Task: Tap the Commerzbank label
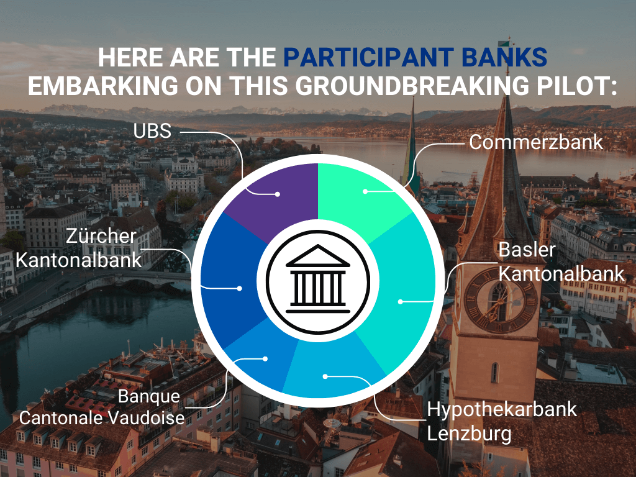[x=535, y=142]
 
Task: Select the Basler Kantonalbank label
[x=561, y=261]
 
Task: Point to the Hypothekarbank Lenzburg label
[x=502, y=420]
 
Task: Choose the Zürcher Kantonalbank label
[x=79, y=247]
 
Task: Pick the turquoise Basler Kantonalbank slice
[x=397, y=292]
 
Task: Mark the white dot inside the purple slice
[x=278, y=194]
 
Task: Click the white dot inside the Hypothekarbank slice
[x=324, y=376]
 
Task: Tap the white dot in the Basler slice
[x=401, y=301]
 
